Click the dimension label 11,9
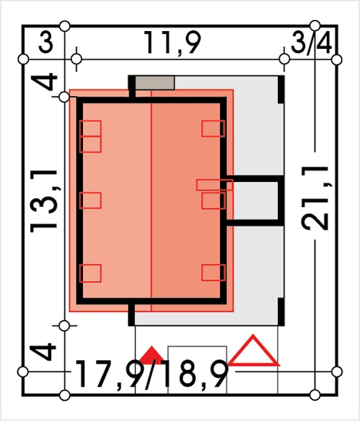[172, 43]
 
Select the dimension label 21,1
[315, 198]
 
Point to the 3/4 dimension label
[311, 43]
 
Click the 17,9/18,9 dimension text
[151, 374]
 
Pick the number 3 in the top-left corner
[46, 42]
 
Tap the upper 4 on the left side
[44, 81]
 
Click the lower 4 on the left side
[43, 351]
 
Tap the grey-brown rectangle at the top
[155, 83]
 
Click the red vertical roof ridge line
[151, 201]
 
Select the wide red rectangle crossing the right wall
[214, 185]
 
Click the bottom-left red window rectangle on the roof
[91, 273]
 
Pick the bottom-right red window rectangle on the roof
[214, 273]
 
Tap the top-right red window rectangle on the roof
[214, 128]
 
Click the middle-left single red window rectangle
[91, 200]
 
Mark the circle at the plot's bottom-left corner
[64, 395]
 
